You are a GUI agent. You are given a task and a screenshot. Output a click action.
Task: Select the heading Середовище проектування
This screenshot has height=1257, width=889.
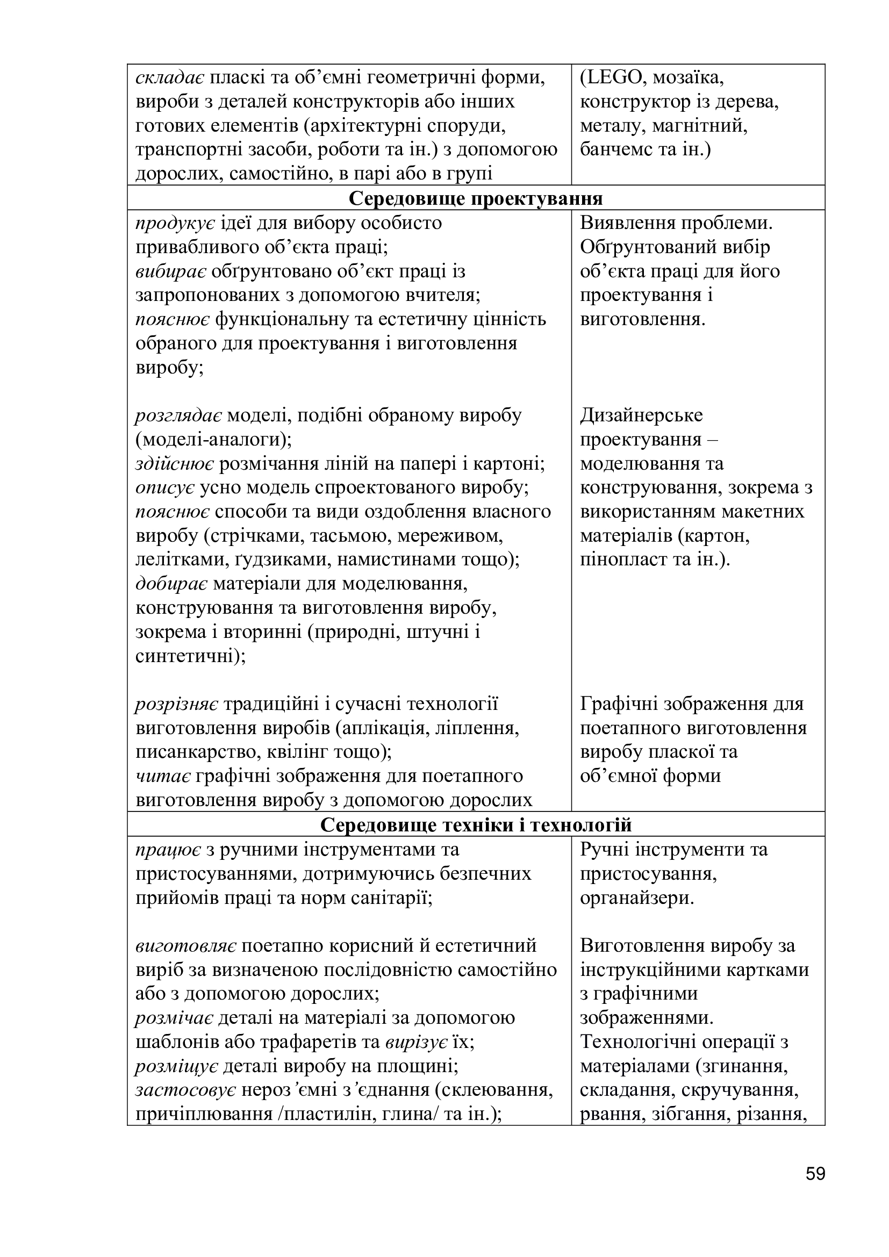tap(476, 198)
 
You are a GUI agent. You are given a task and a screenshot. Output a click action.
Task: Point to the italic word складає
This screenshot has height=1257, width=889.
tap(170, 78)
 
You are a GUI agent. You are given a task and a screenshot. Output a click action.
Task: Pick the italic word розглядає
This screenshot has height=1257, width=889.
tap(178, 415)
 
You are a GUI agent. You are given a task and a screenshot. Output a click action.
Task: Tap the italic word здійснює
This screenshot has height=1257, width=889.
tap(175, 463)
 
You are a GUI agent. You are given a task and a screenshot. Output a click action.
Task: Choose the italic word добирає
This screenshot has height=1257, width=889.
tap(171, 584)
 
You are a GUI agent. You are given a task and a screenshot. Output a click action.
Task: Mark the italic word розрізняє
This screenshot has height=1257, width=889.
tap(177, 704)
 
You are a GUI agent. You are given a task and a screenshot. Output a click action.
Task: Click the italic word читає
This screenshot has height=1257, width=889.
tap(162, 776)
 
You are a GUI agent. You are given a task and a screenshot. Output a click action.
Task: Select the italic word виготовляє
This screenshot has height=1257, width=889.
tap(185, 945)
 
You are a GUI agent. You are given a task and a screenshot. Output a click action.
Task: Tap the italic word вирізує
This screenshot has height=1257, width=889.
tap(416, 1042)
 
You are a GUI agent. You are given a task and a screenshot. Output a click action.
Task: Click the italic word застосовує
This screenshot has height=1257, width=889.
tap(185, 1090)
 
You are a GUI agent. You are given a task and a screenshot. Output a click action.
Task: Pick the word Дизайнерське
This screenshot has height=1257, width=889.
tap(641, 415)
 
